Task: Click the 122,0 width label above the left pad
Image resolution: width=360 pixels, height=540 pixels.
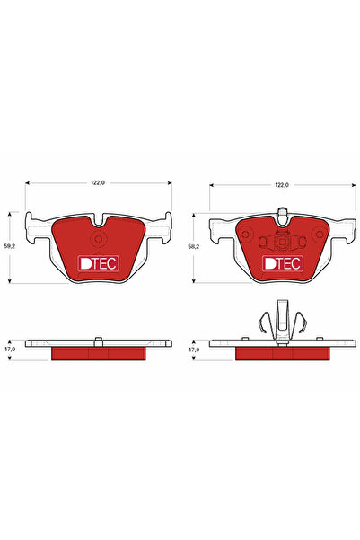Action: click(97, 183)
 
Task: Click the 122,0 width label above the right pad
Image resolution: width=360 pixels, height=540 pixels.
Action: click(282, 185)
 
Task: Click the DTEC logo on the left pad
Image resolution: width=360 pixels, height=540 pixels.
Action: click(99, 264)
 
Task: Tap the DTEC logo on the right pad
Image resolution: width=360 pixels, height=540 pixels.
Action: click(283, 264)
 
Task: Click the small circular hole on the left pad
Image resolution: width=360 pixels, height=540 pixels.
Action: click(98, 239)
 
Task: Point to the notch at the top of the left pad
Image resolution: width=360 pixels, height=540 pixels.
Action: click(99, 222)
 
